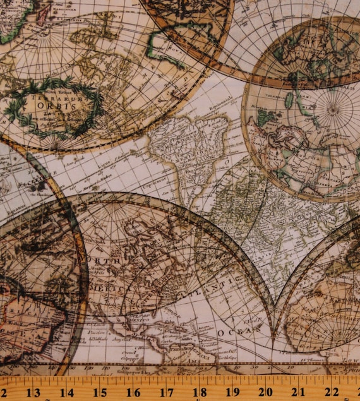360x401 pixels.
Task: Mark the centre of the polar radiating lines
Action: point(333,107)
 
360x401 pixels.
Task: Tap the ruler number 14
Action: point(66,392)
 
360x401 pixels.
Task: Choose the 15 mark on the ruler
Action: point(99,392)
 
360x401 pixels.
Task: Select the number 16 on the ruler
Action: point(133,392)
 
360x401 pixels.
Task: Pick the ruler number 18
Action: point(199,392)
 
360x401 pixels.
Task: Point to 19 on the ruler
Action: point(232,392)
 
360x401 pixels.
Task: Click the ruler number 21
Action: point(299,392)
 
